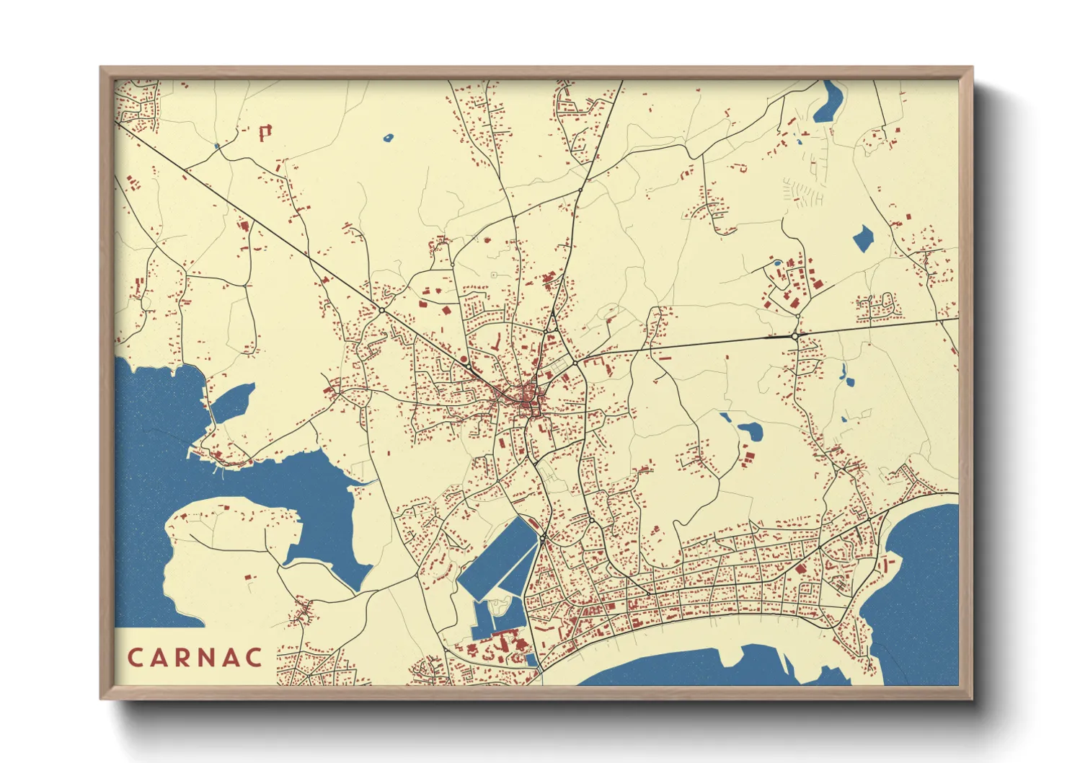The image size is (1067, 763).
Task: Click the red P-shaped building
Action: [265, 132]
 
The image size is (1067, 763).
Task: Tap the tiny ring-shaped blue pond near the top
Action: [389, 136]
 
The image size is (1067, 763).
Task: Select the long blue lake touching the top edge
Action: [828, 101]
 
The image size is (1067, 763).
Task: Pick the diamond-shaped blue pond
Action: [862, 238]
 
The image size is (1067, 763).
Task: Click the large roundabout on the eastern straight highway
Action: [794, 336]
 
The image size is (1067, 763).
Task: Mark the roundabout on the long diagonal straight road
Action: [381, 310]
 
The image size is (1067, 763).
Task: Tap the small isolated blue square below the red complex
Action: [532, 659]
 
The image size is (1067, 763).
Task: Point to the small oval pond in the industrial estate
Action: [776, 263]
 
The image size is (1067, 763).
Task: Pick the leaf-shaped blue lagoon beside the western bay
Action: [232, 402]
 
